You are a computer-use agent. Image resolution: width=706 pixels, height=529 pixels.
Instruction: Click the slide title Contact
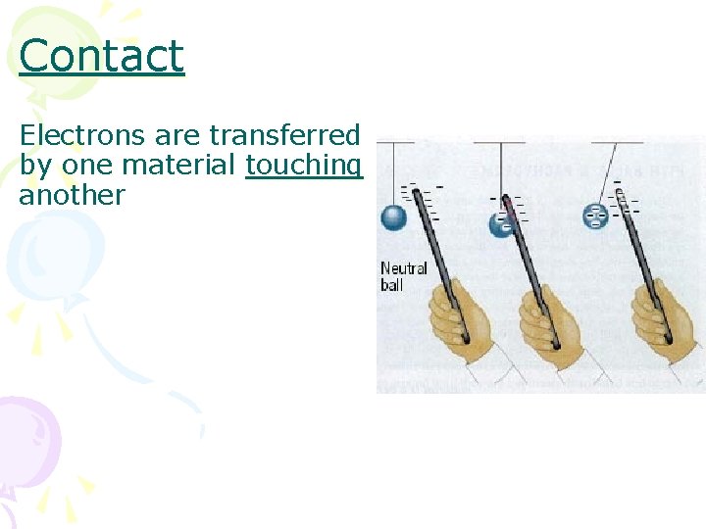click(x=101, y=56)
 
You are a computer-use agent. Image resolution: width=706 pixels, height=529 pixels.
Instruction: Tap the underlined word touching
click(x=304, y=165)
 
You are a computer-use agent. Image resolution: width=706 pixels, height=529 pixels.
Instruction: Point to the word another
click(x=72, y=194)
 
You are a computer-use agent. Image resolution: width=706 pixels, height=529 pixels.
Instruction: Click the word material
click(x=183, y=165)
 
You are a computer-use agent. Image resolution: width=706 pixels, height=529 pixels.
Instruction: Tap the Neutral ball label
click(x=403, y=276)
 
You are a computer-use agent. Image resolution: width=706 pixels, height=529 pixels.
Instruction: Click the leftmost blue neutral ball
click(x=394, y=216)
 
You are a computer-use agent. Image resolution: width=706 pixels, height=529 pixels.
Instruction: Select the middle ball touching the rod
click(x=501, y=224)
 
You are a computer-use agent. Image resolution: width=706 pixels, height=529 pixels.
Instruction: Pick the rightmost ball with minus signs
click(x=595, y=216)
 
